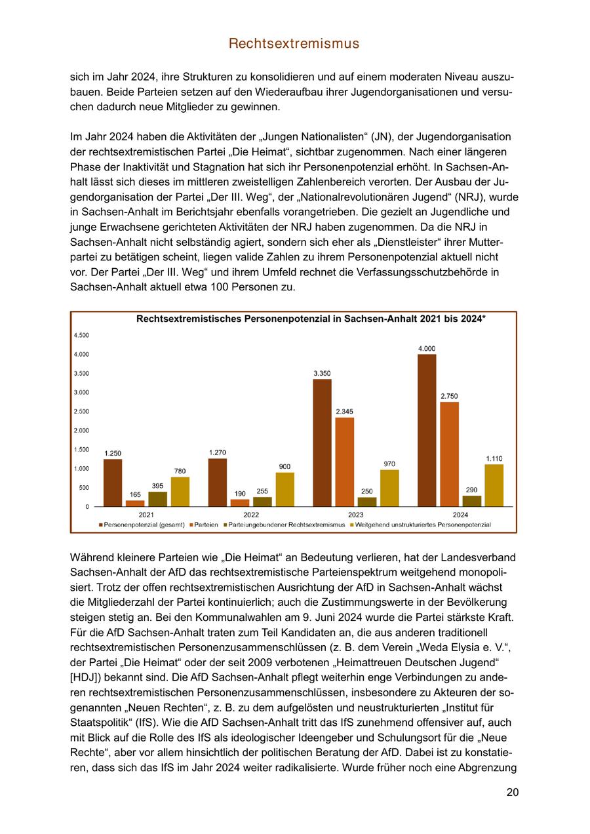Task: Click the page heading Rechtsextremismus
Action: [294, 43]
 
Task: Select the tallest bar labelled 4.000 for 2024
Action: [427, 430]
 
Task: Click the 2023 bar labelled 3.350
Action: [322, 443]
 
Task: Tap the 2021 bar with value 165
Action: [135, 503]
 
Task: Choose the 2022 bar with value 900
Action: [285, 489]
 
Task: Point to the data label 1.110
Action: [494, 458]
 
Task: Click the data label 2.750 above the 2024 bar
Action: [449, 396]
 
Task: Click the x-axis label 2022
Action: [251, 515]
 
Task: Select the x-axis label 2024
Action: [460, 515]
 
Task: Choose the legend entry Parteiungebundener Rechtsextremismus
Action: [286, 525]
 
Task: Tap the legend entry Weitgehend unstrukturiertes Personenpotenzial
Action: [422, 525]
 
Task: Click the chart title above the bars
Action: [310, 319]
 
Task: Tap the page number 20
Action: [513, 792]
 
